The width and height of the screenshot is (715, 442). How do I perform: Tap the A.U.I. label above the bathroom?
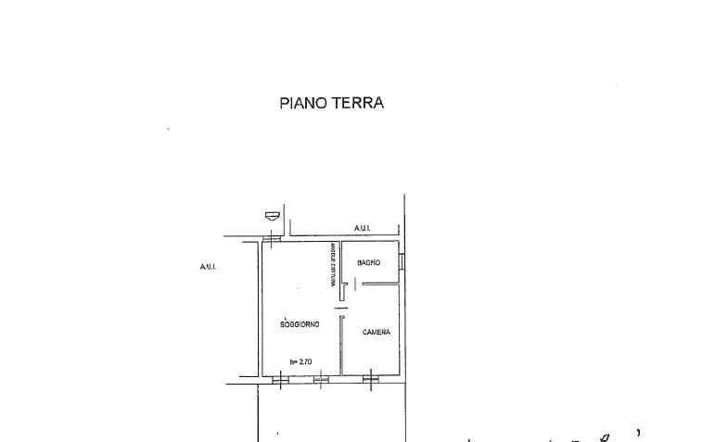point(363,228)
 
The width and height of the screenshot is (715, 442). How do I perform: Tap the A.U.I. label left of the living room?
point(207,267)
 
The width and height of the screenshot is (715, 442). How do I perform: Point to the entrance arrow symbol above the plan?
point(271,216)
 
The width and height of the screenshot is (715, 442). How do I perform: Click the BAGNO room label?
point(369,263)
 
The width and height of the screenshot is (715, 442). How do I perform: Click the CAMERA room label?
point(376,332)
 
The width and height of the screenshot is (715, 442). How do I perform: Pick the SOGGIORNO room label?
point(300,323)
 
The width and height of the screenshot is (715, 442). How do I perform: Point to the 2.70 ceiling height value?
point(307,362)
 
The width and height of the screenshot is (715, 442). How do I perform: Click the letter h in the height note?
point(292,362)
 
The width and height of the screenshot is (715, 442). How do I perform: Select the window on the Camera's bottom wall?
point(370,377)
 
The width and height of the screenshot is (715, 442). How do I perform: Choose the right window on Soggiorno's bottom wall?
point(320,377)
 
